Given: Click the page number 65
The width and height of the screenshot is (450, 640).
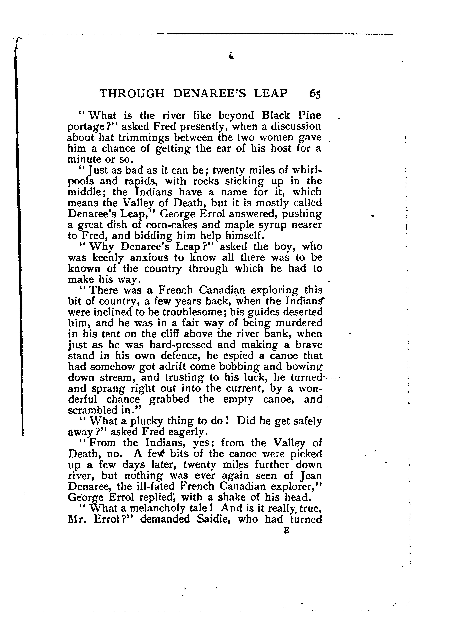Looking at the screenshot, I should coord(315,94).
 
